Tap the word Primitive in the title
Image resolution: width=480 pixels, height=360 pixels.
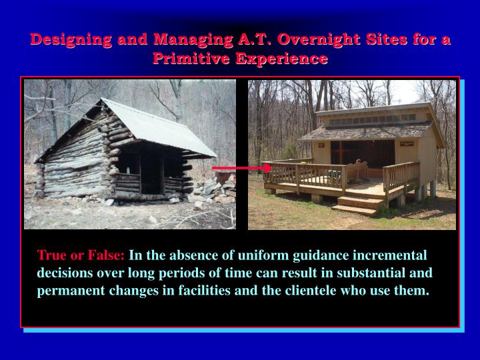pyautogui.click(x=191, y=58)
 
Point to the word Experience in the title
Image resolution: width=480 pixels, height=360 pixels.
pyautogui.click(x=281, y=59)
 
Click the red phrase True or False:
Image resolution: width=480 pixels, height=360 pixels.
pyautogui.click(x=81, y=255)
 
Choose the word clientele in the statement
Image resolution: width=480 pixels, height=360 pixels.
pyautogui.click(x=311, y=290)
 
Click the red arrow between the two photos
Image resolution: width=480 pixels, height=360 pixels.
pyautogui.click(x=242, y=168)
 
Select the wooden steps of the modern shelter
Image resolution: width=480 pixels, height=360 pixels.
pyautogui.click(x=357, y=205)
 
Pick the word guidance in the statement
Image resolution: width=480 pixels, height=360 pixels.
pyautogui.click(x=321, y=255)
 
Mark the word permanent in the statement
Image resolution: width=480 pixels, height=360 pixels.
pyautogui.click(x=71, y=291)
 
